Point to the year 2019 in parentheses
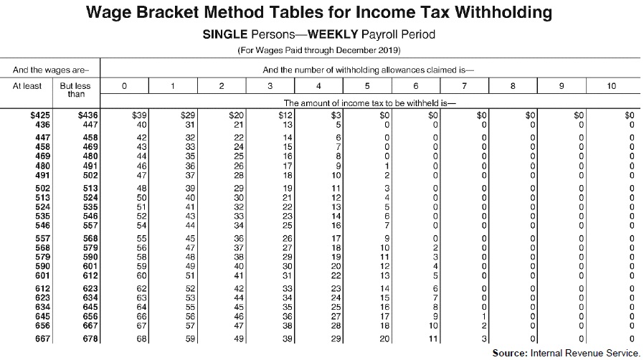point(388,50)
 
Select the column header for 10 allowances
point(611,86)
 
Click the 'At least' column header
point(28,86)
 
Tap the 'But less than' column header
point(76,90)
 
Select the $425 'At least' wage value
point(38,114)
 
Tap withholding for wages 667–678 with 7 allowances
point(484,338)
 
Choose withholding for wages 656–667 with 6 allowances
point(433,325)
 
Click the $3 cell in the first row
point(336,114)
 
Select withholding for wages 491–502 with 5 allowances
point(387,175)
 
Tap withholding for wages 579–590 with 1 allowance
point(190,255)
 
